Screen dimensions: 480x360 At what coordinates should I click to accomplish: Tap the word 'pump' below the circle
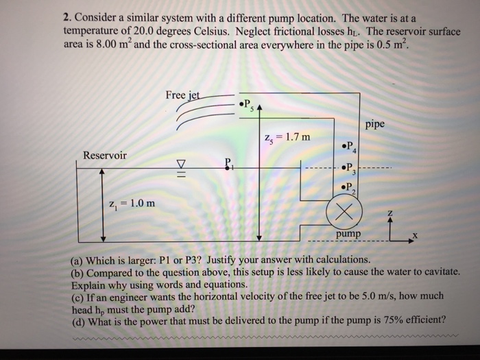[x=348, y=235]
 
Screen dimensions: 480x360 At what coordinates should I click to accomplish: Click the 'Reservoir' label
[x=104, y=155]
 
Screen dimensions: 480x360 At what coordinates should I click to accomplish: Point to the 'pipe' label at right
[x=374, y=124]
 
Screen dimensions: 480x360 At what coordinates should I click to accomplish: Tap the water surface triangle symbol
[x=182, y=165]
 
